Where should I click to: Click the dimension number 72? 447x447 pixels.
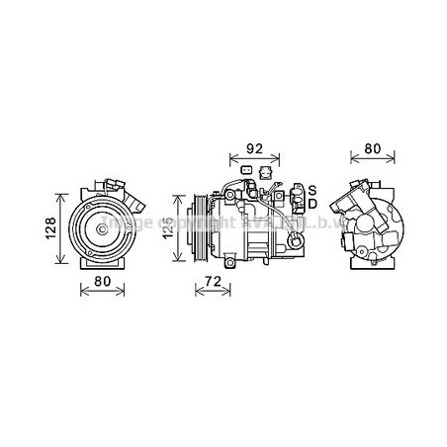pos(208,282)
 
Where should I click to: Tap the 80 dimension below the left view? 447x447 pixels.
pos(101,282)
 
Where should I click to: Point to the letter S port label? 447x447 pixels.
pos(312,188)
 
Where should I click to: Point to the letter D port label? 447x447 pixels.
pos(312,204)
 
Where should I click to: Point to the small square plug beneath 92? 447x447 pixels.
pos(246,169)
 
